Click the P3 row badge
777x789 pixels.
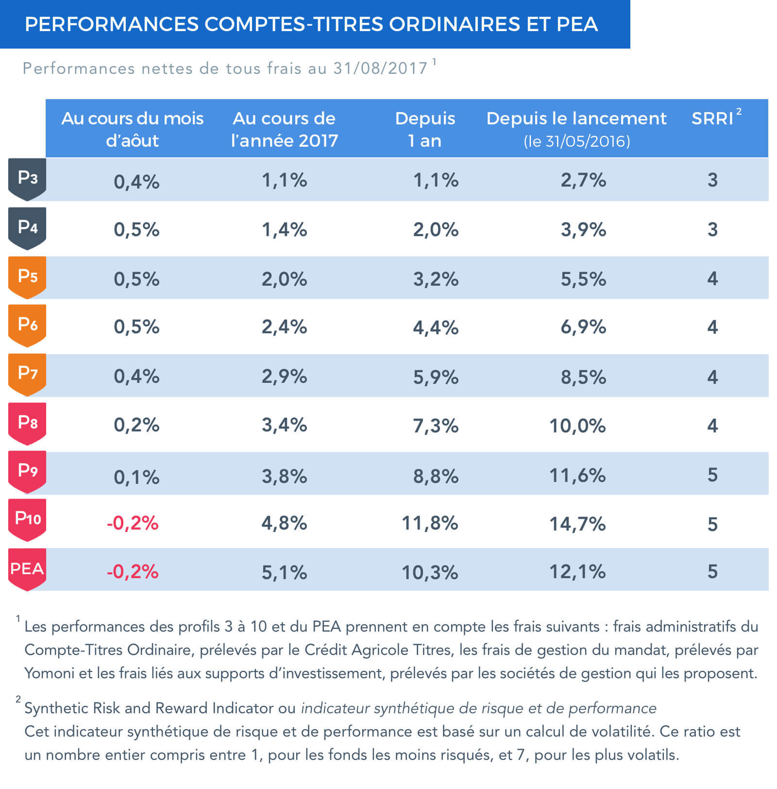pyautogui.click(x=27, y=179)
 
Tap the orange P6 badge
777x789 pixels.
pyautogui.click(x=27, y=325)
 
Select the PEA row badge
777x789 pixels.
pyautogui.click(x=27, y=569)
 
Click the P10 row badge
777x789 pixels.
pyautogui.click(x=27, y=519)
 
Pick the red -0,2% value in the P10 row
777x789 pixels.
pyautogui.click(x=133, y=523)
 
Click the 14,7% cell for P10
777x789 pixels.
pyautogui.click(x=577, y=524)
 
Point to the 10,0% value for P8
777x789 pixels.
pyautogui.click(x=577, y=426)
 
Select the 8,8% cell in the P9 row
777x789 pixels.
pyautogui.click(x=436, y=476)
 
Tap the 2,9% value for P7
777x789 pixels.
pyautogui.click(x=284, y=377)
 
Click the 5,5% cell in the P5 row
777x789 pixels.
pyautogui.click(x=583, y=279)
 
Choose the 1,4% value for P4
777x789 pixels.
pyautogui.click(x=284, y=229)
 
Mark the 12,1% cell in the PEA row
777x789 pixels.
pyautogui.click(x=577, y=572)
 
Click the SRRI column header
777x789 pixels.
pyautogui.click(x=713, y=119)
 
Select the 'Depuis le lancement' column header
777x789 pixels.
pyautogui.click(x=576, y=119)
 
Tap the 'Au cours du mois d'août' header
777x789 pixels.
pyautogui.click(x=132, y=129)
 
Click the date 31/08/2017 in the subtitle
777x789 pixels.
pyautogui.click(x=380, y=69)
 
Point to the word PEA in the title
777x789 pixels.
pyautogui.click(x=577, y=24)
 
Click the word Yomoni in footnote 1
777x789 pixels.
pyautogui.click(x=48, y=673)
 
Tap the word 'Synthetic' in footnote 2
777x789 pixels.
pyautogui.click(x=56, y=708)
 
